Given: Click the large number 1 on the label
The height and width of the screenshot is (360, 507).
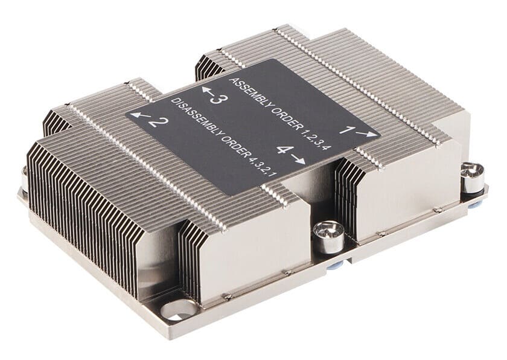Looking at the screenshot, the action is [347, 130].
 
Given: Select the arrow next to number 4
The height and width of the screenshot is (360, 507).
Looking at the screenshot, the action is [298, 158].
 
